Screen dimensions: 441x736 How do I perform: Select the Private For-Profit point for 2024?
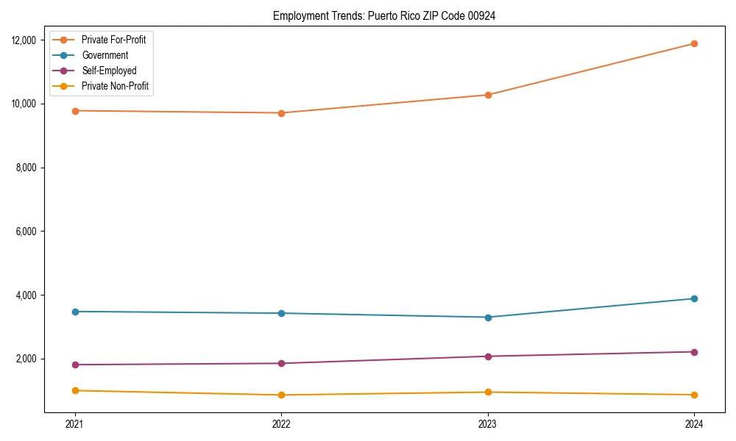694,43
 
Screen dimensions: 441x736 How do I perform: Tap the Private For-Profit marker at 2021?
74,110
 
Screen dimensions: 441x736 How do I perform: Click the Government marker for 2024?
694,298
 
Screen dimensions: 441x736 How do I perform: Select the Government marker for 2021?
74,312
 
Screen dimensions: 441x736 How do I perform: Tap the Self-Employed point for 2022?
281,363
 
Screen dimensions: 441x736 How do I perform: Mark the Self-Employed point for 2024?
694,352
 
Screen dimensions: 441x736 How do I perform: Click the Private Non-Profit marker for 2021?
74,390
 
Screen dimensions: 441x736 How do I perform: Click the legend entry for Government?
105,55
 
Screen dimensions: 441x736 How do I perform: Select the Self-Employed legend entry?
109,71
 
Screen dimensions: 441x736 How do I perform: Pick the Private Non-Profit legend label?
115,86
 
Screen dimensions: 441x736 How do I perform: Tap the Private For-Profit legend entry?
113,40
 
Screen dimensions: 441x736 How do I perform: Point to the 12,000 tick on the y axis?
26,40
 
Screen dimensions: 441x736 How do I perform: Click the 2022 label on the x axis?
281,423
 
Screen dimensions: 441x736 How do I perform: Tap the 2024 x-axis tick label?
694,423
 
